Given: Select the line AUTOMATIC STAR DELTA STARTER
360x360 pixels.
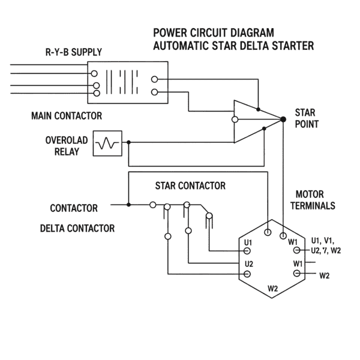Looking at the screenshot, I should coord(234,46).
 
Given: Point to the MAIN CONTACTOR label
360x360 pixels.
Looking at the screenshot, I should coord(66,115).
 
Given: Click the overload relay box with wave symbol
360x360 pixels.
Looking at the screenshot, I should coord(107,143).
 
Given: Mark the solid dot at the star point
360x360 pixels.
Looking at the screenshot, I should coord(283,119).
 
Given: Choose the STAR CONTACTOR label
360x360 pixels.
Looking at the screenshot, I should coord(190,186).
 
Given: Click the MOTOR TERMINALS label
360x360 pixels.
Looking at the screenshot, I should coord(313,200).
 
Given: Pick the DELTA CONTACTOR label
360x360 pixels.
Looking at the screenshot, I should coord(77,228).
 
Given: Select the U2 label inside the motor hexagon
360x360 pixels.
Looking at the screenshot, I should coord(249,263).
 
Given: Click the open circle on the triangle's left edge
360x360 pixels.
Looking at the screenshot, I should coord(234,119).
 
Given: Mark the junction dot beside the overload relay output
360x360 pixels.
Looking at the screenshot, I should coord(128,143).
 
